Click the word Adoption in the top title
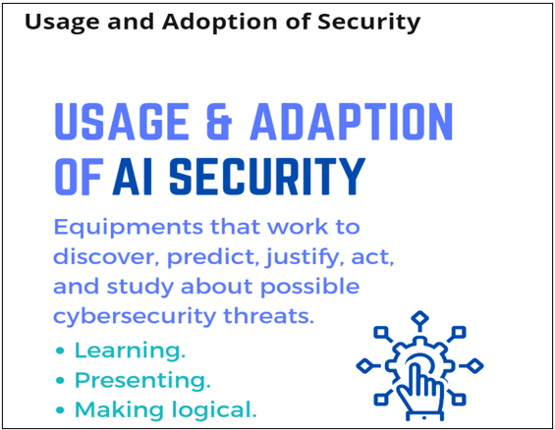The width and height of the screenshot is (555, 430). [220, 22]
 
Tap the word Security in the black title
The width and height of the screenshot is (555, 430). [368, 22]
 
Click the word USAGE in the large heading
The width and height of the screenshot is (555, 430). [122, 121]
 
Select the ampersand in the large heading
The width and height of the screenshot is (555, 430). [219, 121]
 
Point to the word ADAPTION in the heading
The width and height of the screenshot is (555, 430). [351, 121]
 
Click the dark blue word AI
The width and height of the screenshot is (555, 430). [133, 176]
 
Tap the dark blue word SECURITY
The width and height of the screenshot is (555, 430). [267, 176]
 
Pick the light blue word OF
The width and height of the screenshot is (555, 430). [79, 176]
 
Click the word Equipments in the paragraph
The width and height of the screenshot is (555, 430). [128, 228]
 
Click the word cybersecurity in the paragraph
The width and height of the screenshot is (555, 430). [135, 316]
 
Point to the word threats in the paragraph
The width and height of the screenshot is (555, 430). [268, 315]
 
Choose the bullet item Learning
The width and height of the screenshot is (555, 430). [130, 350]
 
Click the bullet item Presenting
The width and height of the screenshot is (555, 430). [142, 381]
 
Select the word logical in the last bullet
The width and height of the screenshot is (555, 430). [214, 410]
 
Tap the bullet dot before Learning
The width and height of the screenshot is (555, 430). [60, 350]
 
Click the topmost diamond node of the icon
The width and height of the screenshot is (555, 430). [419, 319]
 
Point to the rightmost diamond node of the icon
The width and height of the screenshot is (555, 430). [474, 365]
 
